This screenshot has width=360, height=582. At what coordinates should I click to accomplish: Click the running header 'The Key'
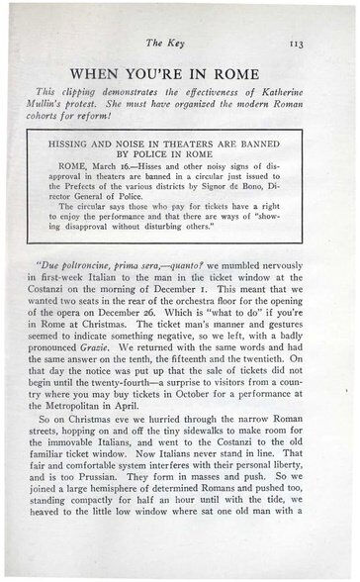179,43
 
